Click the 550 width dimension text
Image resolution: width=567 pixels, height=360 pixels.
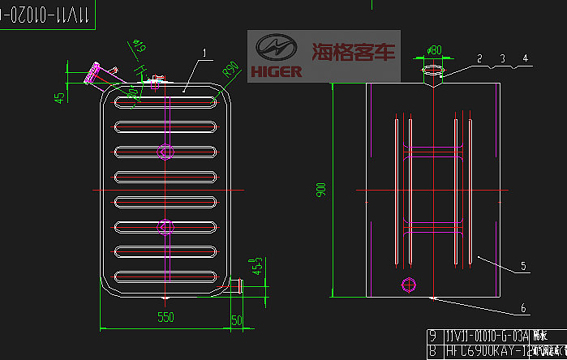click(165, 318)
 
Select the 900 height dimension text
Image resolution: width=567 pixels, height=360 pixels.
click(321, 190)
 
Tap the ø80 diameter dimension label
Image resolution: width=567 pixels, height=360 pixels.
click(434, 50)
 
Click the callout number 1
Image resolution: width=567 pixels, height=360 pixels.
click(205, 54)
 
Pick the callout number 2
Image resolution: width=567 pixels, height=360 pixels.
click(479, 58)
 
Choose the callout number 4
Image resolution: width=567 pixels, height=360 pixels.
click(525, 58)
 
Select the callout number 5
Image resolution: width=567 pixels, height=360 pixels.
click(523, 265)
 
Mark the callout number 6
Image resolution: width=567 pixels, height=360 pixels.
click(523, 307)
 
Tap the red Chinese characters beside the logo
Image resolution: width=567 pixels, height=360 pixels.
click(354, 54)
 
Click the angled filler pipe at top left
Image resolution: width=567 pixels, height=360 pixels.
click(93, 74)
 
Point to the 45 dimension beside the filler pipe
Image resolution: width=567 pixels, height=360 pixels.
click(59, 97)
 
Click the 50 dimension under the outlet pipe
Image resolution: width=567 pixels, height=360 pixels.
click(236, 321)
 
